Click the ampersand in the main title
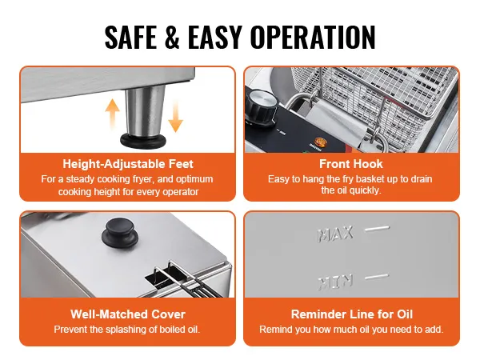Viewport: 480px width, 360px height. (172, 37)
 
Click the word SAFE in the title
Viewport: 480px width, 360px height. (130, 37)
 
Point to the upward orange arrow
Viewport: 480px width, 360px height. (112, 114)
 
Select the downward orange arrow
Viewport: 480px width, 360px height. (175, 116)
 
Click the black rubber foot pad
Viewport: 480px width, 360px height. (143, 141)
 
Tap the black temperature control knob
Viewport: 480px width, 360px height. (261, 107)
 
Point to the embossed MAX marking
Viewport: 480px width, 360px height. (335, 234)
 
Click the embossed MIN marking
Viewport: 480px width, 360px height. (335, 282)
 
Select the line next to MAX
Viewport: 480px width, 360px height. (377, 229)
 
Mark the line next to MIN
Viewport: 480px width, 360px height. (377, 277)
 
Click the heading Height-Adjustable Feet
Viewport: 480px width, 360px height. (128, 164)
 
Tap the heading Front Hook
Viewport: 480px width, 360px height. (351, 164)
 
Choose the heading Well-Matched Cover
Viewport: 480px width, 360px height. (128, 314)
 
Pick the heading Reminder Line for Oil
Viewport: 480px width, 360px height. (352, 314)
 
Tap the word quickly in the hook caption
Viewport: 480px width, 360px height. (366, 190)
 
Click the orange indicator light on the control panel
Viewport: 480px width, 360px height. (319, 142)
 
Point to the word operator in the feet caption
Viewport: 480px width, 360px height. (181, 192)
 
